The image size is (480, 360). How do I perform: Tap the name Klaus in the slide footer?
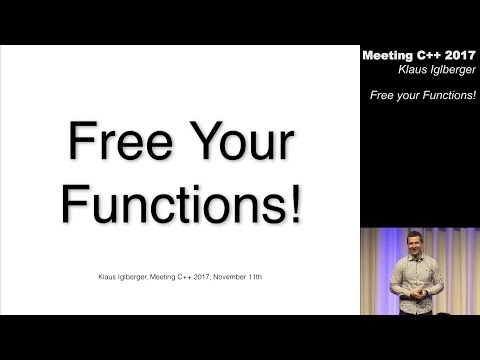(x=94, y=273)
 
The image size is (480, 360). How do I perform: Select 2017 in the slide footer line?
(x=199, y=273)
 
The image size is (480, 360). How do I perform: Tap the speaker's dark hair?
(x=416, y=234)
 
